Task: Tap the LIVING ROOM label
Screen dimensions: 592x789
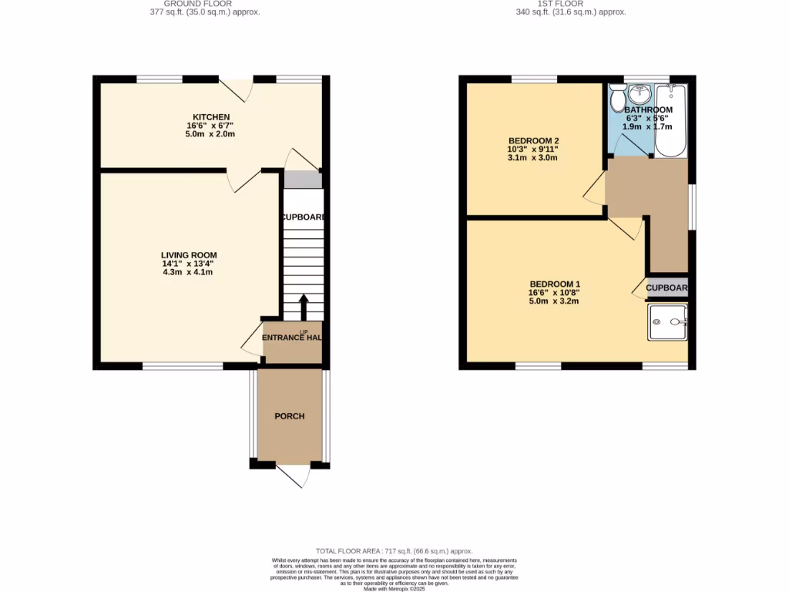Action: (x=189, y=255)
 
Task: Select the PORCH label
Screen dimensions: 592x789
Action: (x=290, y=416)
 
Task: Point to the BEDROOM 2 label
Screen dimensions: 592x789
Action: (x=532, y=140)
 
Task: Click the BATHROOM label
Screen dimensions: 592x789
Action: (x=648, y=110)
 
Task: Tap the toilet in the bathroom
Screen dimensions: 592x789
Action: (x=617, y=98)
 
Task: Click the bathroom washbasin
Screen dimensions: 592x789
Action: (x=640, y=94)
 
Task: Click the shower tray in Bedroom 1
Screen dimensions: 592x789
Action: (x=667, y=321)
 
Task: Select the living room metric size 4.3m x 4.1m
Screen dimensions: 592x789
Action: (x=189, y=272)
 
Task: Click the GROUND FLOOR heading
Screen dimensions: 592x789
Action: (x=189, y=4)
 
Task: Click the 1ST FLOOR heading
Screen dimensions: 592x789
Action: (x=571, y=4)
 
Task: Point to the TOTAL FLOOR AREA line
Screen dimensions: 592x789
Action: (x=394, y=552)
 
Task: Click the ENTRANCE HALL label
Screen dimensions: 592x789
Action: (x=292, y=338)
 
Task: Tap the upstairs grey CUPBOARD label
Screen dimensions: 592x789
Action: (x=666, y=288)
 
